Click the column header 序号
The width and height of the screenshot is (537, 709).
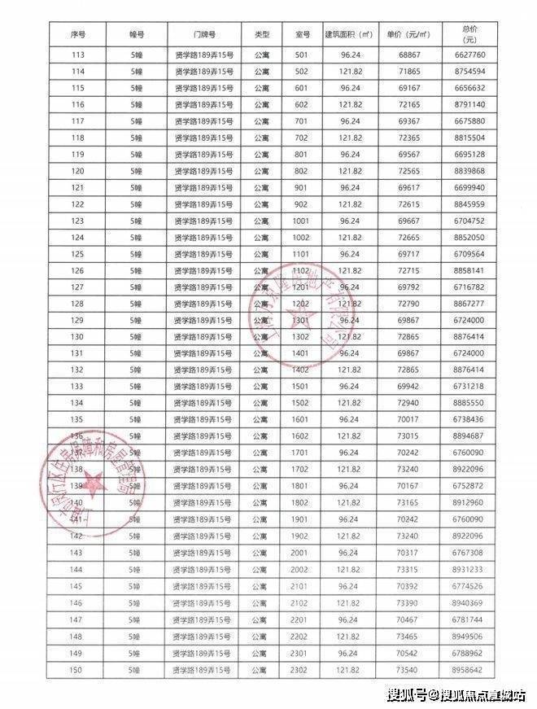tap(78, 36)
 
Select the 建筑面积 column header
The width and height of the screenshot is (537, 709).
tap(348, 36)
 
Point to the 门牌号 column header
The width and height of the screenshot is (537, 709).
tap(205, 36)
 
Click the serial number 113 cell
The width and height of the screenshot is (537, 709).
tap(78, 55)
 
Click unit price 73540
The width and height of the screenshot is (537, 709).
tap(408, 669)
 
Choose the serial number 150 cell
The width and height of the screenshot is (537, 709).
tap(78, 669)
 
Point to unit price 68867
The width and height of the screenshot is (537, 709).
tap(408, 55)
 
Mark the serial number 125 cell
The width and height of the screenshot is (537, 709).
tap(78, 254)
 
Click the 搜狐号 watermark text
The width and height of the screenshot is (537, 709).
tap(404, 694)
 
